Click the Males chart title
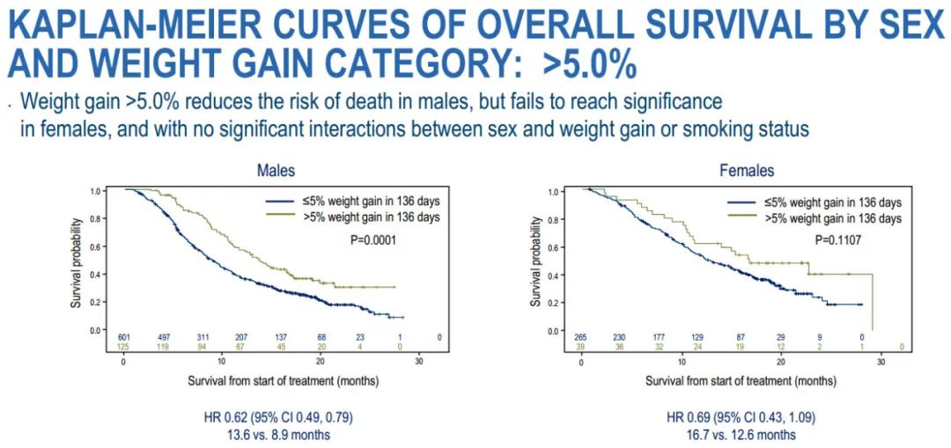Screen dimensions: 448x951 [x=276, y=170]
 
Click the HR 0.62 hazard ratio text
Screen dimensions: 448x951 [x=276, y=418]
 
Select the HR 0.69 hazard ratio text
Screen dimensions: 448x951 [x=745, y=418]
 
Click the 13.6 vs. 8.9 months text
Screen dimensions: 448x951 [x=276, y=434]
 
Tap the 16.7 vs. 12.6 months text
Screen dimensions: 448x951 [x=745, y=434]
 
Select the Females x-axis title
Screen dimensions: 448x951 [x=741, y=381]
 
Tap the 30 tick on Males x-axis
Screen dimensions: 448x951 [x=420, y=362]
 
